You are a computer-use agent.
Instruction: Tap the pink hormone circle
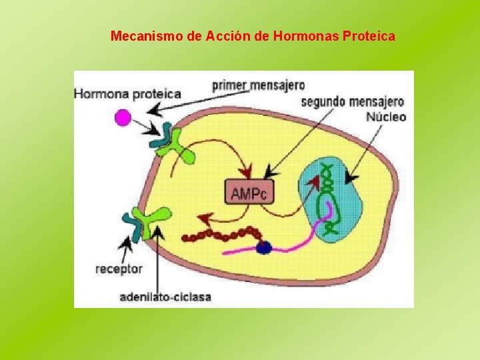(122, 119)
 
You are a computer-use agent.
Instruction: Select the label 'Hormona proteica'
(127, 95)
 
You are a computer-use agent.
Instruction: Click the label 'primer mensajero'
(259, 85)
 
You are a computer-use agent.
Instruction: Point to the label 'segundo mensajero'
(353, 102)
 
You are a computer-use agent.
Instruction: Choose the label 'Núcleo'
(386, 117)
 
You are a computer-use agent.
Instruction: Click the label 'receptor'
(119, 269)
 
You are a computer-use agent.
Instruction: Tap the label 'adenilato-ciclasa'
(165, 297)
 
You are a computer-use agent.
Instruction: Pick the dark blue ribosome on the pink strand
(264, 247)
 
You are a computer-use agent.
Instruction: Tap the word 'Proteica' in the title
(368, 35)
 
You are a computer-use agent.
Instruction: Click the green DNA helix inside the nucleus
(328, 197)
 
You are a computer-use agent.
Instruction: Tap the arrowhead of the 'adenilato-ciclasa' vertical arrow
(157, 230)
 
